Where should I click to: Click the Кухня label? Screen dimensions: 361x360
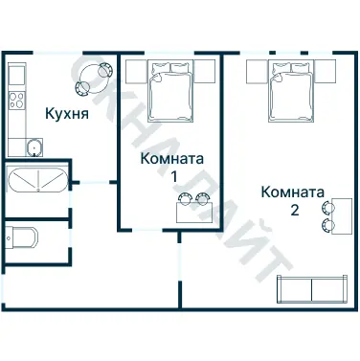click(x=67, y=114)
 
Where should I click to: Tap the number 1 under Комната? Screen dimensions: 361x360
click(x=173, y=177)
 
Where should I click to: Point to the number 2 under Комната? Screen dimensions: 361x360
click(x=295, y=209)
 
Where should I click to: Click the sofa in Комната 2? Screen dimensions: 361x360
click(x=311, y=288)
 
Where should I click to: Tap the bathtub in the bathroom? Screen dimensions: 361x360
click(x=36, y=180)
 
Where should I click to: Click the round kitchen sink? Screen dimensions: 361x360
click(x=34, y=147)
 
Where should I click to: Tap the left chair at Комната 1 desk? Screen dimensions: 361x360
click(x=185, y=199)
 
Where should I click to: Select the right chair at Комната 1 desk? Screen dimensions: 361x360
click(x=201, y=199)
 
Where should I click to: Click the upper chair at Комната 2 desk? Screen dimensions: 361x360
click(x=330, y=206)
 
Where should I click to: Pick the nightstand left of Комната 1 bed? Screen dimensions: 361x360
click(x=133, y=69)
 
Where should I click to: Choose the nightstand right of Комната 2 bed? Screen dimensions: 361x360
click(x=326, y=69)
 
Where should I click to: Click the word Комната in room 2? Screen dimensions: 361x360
click(x=292, y=191)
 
